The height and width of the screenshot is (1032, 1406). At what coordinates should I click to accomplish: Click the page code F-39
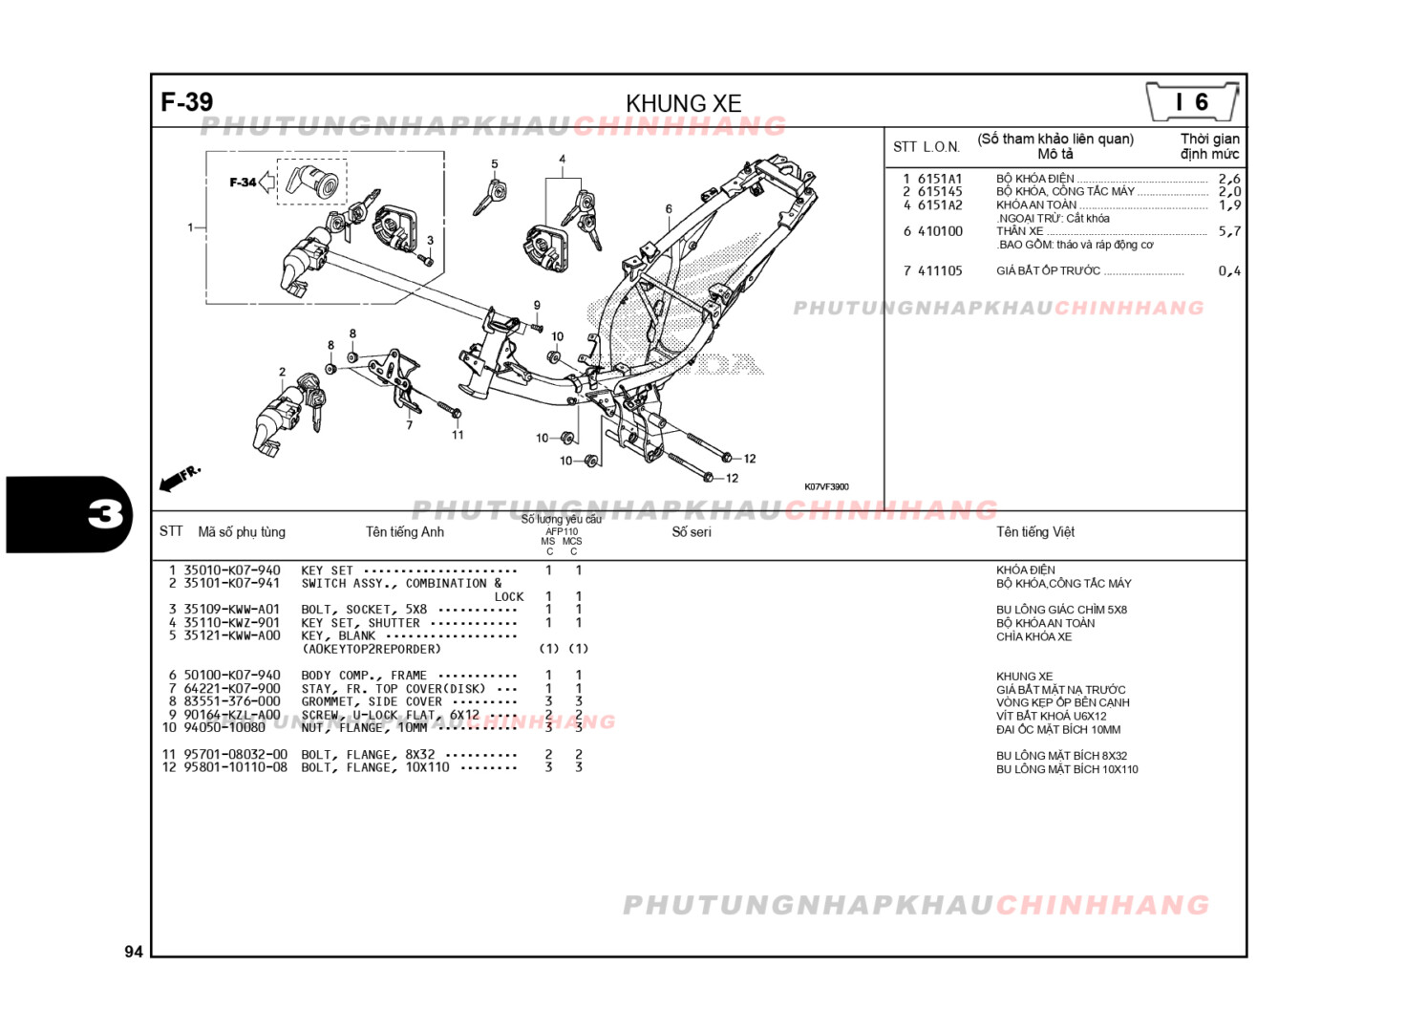[187, 102]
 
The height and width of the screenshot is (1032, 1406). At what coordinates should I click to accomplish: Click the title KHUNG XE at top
[683, 103]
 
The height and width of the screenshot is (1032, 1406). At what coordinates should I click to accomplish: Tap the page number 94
[134, 951]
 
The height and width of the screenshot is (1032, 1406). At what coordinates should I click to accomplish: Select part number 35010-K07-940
[232, 570]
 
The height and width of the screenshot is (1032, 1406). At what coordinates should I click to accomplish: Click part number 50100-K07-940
[232, 675]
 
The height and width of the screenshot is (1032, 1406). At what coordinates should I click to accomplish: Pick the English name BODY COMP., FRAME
[364, 675]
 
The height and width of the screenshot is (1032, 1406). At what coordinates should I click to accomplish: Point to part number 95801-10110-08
[235, 767]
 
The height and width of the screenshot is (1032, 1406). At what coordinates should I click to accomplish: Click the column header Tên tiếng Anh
[404, 532]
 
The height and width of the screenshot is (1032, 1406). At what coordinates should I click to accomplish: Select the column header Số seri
[691, 532]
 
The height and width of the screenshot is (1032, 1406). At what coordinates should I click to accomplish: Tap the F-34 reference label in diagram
[243, 183]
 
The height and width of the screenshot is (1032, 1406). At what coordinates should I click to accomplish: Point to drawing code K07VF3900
[825, 487]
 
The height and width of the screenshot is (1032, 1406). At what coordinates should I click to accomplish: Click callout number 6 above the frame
[669, 208]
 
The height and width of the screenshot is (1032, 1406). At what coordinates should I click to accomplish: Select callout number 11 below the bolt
[458, 435]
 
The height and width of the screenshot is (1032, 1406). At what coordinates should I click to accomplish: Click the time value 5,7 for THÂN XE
[1229, 231]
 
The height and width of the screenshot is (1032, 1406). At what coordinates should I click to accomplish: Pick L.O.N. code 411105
[940, 271]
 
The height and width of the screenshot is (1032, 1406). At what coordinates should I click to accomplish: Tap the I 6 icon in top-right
[1192, 102]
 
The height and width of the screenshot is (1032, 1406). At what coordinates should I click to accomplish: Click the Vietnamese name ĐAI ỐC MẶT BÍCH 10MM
[1058, 730]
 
